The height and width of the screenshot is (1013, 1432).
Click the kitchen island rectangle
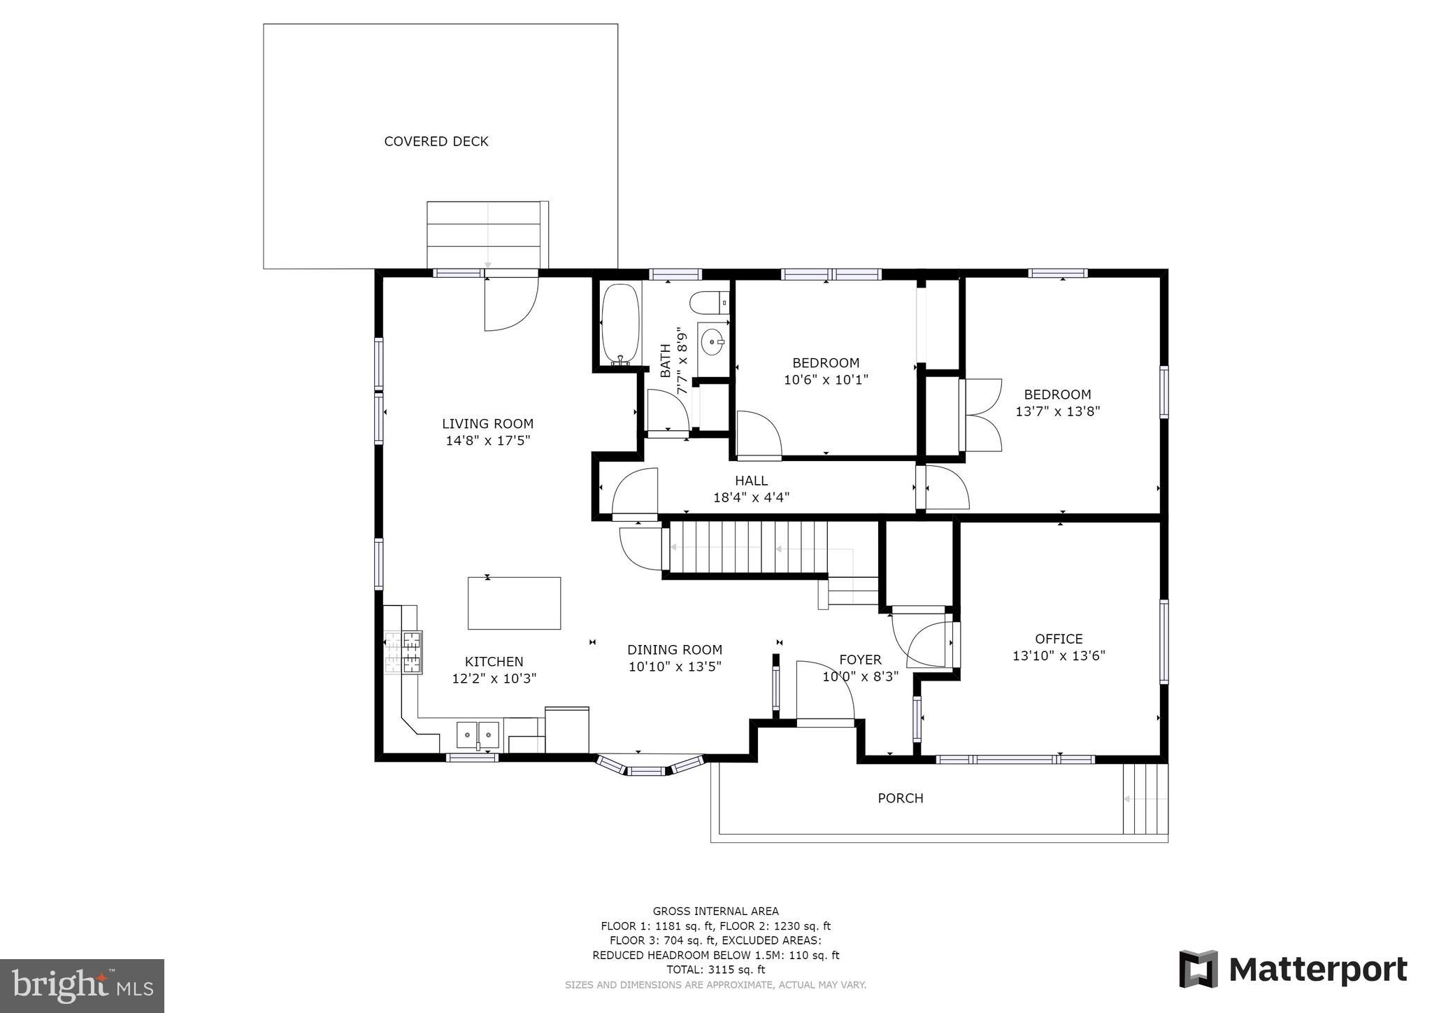pos(514,603)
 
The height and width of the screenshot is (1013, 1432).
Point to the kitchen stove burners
pos(404,652)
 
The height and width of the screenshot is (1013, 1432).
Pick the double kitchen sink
pos(478,735)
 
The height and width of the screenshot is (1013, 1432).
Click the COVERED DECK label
pos(436,141)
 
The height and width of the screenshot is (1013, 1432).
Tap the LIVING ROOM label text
pos(488,423)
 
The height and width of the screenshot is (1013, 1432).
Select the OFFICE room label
pos(1059,639)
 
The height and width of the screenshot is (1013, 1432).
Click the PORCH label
pos(901,798)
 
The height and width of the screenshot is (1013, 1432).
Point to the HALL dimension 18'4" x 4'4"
pos(751,498)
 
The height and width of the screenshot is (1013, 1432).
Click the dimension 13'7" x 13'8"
pos(1058,411)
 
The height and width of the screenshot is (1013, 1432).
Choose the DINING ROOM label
pos(675,650)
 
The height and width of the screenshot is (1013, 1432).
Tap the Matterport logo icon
pos(1198,969)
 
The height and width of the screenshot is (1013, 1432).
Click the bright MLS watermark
pos(83,985)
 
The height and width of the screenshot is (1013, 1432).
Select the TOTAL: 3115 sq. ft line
pos(716,970)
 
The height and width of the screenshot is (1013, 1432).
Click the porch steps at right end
pos(1145,799)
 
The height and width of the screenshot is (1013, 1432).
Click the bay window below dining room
pos(650,766)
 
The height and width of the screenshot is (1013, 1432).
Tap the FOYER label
pos(860,660)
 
